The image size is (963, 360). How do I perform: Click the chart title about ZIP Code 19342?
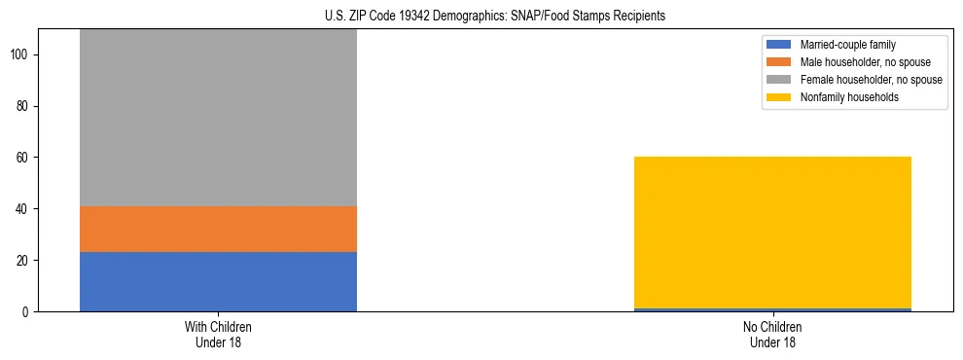click(x=481, y=16)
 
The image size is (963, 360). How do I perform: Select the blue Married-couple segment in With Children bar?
click(x=218, y=281)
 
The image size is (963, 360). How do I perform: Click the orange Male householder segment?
click(x=218, y=229)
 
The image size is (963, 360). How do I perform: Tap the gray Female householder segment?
click(x=218, y=117)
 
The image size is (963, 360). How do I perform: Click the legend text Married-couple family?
click(x=846, y=45)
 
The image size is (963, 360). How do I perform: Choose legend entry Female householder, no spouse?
click(x=871, y=80)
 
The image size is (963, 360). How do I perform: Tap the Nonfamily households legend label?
click(x=849, y=97)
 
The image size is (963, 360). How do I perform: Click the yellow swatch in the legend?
click(x=780, y=97)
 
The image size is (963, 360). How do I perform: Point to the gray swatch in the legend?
click(x=780, y=80)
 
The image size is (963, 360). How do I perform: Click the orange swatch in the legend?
click(x=780, y=62)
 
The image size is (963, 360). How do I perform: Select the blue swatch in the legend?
click(x=780, y=45)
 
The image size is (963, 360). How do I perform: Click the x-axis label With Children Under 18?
click(x=218, y=334)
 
